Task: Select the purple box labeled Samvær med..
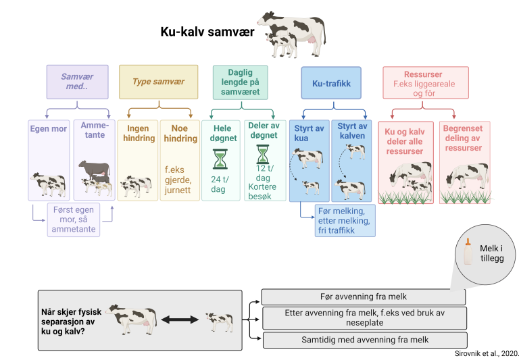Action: click(x=76, y=82)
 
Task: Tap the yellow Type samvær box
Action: click(x=158, y=82)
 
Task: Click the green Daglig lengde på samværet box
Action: click(x=240, y=82)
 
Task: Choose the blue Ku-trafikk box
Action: click(x=330, y=82)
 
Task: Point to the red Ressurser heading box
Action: click(x=422, y=82)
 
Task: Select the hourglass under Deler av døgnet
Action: click(x=262, y=154)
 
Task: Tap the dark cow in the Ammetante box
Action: click(x=93, y=169)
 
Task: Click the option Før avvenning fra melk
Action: click(x=363, y=297)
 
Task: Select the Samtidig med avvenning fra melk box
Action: click(x=363, y=340)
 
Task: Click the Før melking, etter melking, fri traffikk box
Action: click(x=345, y=220)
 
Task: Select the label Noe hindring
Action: click(x=179, y=133)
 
